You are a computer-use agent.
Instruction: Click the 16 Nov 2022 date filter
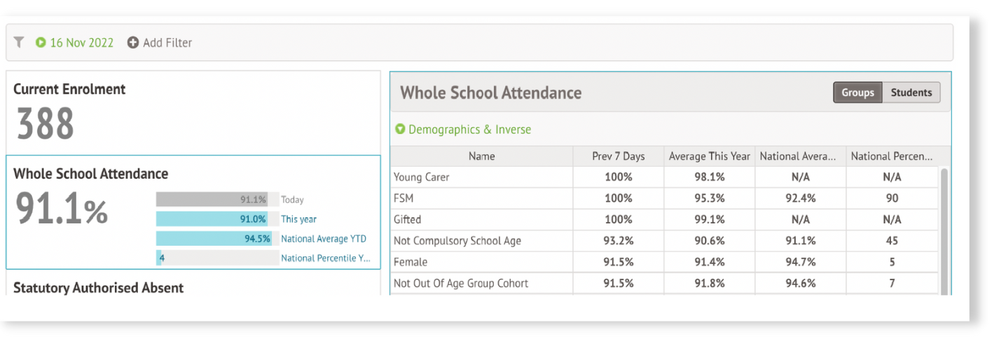pos(75,43)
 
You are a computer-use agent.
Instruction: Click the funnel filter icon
pos(19,43)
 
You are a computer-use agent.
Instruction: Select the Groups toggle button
pos(857,92)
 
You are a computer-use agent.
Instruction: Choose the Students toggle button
pos(911,92)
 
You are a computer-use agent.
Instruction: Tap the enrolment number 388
pos(45,124)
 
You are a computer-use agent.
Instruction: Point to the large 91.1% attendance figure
pos(62,210)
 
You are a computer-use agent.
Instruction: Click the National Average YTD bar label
pos(323,239)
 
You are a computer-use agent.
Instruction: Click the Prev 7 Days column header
pos(618,156)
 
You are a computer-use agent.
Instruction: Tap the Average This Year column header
pos(709,156)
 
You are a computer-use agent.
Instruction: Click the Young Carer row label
pos(422,177)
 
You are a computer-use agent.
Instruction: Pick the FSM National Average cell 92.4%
pos(800,198)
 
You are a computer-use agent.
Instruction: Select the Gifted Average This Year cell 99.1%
pos(709,219)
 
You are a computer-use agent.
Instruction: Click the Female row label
pos(411,262)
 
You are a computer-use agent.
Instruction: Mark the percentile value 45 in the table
pos(891,241)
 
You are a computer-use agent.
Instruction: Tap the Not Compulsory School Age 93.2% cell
pos(618,241)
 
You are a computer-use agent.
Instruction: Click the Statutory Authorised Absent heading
pos(98,288)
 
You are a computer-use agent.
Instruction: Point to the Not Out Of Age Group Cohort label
pos(461,284)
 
